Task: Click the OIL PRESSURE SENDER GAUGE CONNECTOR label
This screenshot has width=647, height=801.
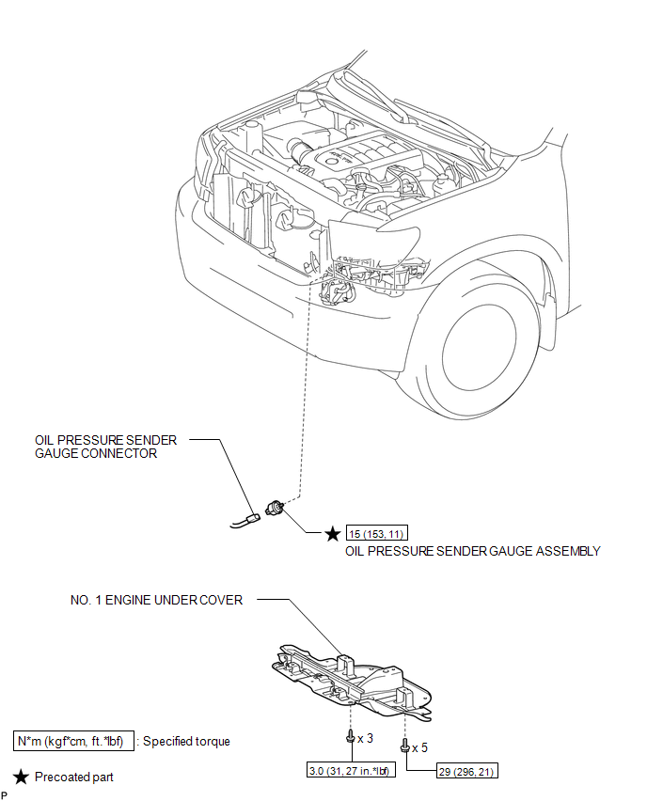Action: [105, 446]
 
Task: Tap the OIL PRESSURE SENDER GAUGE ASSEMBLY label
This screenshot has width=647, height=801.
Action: [473, 551]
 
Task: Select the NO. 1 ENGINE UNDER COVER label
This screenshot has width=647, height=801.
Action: [156, 600]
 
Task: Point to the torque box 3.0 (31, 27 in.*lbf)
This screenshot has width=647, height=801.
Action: [349, 772]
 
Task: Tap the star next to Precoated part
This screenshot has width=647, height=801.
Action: [21, 777]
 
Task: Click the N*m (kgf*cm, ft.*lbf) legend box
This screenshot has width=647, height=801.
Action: [75, 741]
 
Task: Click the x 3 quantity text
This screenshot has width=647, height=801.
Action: [367, 738]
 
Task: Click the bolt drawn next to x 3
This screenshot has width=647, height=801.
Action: [351, 738]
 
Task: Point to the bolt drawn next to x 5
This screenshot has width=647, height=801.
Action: [405, 748]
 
